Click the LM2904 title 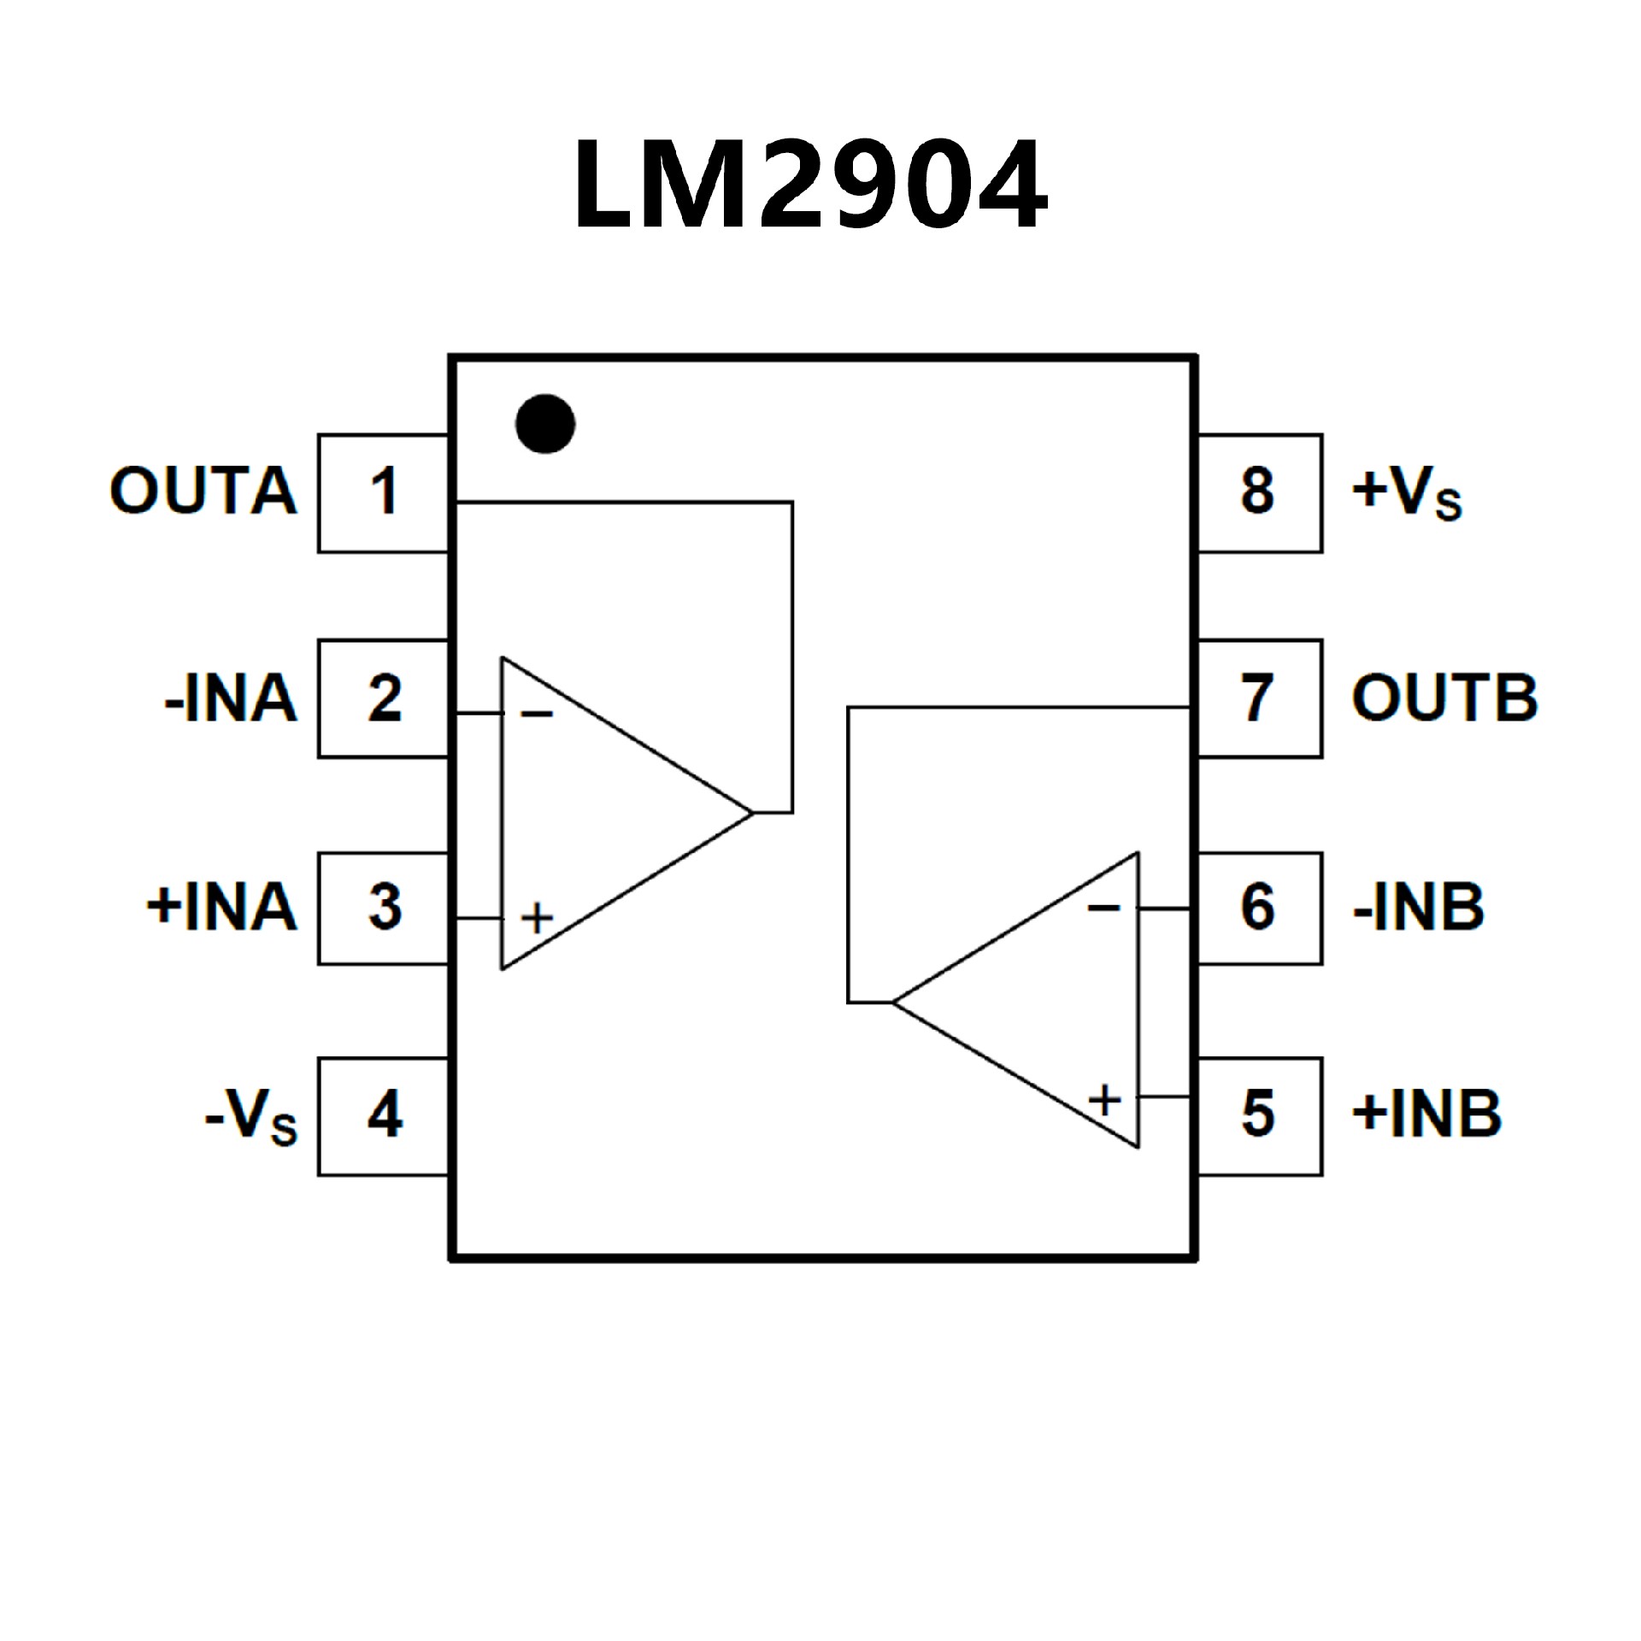click(x=809, y=185)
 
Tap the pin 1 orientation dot click(x=545, y=424)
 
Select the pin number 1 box click(x=384, y=493)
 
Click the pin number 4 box click(x=384, y=1116)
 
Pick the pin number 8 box click(x=1259, y=493)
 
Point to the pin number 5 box click(x=1259, y=1116)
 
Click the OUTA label click(x=203, y=491)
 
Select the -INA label click(x=231, y=699)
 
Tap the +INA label click(x=221, y=908)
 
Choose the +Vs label click(x=1407, y=493)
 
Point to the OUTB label click(x=1444, y=698)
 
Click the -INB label click(x=1418, y=908)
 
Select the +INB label click(x=1426, y=1115)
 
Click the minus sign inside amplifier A click(x=537, y=714)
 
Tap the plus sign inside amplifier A click(x=537, y=919)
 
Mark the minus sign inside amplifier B click(x=1103, y=908)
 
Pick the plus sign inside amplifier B click(x=1104, y=1100)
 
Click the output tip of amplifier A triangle click(x=752, y=813)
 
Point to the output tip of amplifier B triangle click(x=893, y=1002)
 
